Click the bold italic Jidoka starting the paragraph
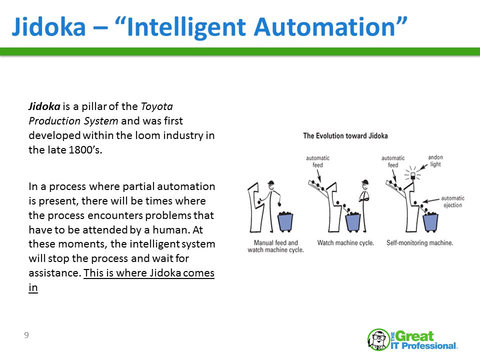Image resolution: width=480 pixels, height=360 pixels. (x=44, y=106)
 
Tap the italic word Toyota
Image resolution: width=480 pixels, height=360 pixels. (x=157, y=106)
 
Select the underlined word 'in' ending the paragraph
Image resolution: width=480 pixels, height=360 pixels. (x=33, y=288)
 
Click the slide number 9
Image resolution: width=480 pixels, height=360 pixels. (x=26, y=335)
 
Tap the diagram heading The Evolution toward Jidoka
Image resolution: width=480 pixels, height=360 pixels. (x=345, y=135)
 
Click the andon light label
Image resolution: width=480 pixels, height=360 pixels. (x=435, y=161)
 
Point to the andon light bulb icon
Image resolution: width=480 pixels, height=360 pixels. (x=412, y=175)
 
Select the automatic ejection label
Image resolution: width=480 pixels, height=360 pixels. (x=452, y=201)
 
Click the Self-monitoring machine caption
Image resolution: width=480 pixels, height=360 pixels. (x=419, y=243)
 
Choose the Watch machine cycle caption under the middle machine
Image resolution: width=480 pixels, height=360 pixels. (x=345, y=243)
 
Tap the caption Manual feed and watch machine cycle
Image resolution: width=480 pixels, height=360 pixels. (x=275, y=246)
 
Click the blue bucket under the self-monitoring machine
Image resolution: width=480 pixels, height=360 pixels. (x=431, y=221)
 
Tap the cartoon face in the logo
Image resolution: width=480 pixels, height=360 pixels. (x=378, y=339)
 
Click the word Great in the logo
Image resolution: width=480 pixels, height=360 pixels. (x=416, y=335)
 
